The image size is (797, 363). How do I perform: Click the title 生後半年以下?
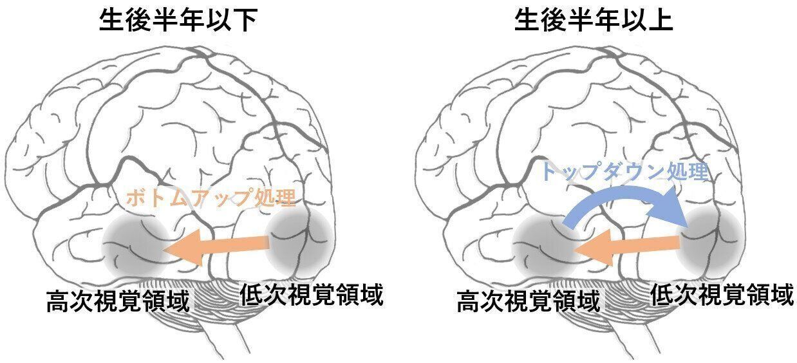pyautogui.click(x=178, y=21)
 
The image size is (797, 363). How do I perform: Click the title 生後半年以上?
pyautogui.click(x=594, y=21)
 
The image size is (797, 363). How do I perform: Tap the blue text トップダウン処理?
pyautogui.click(x=624, y=172)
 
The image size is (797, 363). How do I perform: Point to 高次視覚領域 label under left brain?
pyautogui.click(x=118, y=301)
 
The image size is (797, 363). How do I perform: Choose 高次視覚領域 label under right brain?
pyautogui.click(x=528, y=301)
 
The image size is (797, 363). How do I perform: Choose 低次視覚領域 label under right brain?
pyautogui.click(x=722, y=295)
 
